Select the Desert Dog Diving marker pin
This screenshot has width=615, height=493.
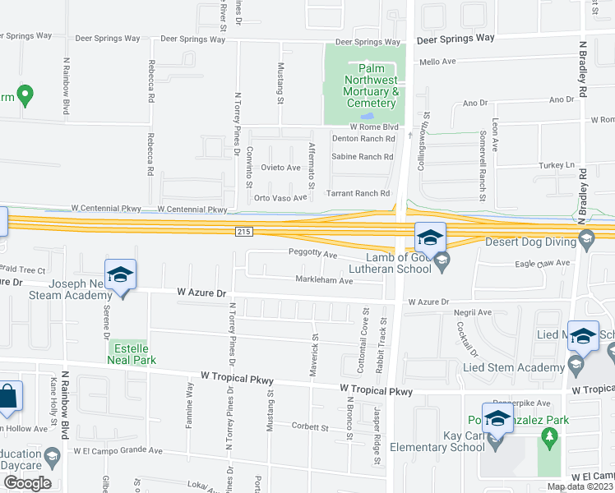(x=586, y=241)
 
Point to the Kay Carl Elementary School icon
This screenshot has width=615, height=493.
(x=496, y=442)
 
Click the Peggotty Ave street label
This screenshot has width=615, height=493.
(x=312, y=255)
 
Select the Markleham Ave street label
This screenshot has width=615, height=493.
(x=324, y=281)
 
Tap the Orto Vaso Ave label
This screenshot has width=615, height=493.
(x=280, y=198)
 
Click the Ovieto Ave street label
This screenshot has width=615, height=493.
(x=280, y=168)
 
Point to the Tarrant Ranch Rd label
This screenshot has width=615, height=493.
(x=360, y=193)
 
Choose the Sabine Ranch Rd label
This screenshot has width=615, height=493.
(x=363, y=156)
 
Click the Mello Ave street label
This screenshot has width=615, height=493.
(x=437, y=62)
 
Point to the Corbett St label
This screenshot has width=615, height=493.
(x=310, y=426)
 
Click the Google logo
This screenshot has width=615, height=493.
(x=27, y=482)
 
